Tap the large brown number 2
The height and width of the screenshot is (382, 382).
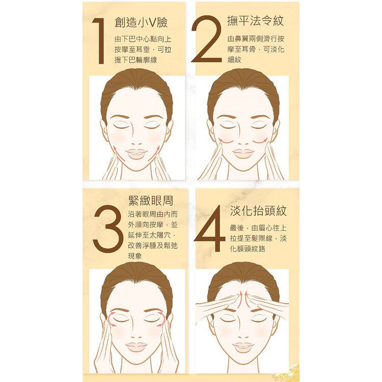coord(207,39)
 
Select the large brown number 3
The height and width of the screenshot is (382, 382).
coord(108,229)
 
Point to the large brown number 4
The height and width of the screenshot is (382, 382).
coord(209,228)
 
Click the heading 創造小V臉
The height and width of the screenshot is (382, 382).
coord(141,22)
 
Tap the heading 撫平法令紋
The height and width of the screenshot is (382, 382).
coord(255,20)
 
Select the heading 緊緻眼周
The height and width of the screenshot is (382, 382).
coord(151,201)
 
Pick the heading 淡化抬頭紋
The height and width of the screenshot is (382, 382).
coord(258,211)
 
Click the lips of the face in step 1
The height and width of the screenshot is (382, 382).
coord(137,154)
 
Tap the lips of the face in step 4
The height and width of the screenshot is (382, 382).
coord(243,347)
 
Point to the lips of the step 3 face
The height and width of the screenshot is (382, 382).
coord(137,347)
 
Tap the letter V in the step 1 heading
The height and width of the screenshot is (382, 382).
coord(152,23)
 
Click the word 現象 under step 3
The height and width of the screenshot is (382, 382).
coord(135,256)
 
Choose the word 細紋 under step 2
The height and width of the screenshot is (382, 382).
coord(234,60)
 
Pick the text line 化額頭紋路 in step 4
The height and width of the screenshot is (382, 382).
coord(248,249)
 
